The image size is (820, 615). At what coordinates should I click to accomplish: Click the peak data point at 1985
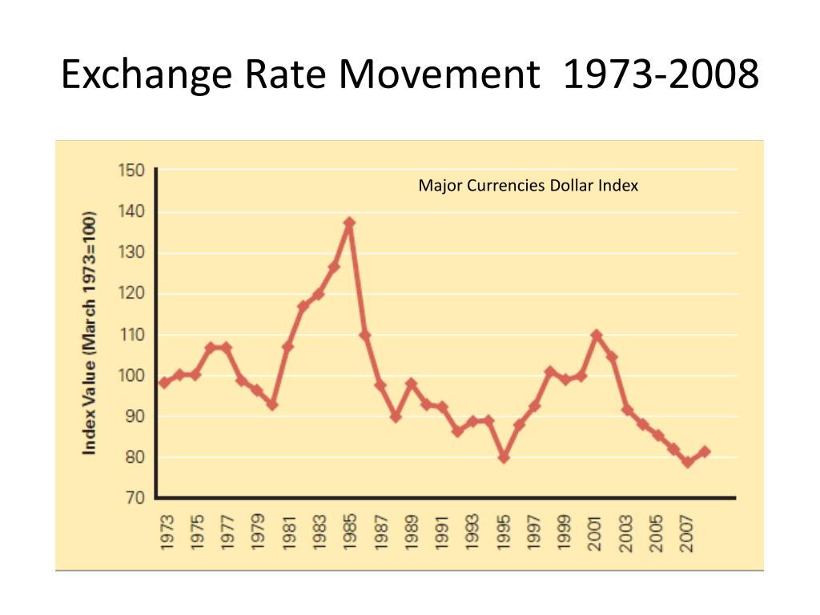(x=349, y=223)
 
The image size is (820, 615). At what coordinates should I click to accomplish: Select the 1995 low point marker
(x=504, y=457)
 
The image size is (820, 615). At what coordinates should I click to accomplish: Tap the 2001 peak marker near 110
(x=596, y=335)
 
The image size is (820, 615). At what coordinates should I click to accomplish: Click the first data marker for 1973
(x=164, y=383)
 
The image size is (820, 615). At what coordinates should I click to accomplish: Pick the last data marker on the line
(x=704, y=452)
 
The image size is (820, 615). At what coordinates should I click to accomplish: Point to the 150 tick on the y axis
(x=131, y=171)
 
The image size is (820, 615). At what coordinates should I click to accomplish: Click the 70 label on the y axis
(x=135, y=497)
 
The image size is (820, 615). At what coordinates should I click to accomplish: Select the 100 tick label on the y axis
(x=131, y=376)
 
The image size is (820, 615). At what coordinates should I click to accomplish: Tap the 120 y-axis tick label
(x=131, y=293)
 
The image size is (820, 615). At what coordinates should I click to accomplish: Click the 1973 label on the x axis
(x=167, y=533)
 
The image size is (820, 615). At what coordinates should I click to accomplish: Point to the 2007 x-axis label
(x=686, y=533)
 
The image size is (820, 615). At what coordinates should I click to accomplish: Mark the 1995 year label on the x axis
(x=503, y=533)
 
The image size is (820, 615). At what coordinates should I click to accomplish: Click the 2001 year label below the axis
(x=595, y=533)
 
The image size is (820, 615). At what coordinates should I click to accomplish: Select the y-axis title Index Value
(x=89, y=332)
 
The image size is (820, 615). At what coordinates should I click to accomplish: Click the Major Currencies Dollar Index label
(x=529, y=186)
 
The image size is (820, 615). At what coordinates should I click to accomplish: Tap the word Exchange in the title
(x=147, y=75)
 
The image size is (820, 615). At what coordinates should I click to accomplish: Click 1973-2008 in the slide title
(x=661, y=74)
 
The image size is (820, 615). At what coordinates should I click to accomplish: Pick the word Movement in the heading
(x=440, y=74)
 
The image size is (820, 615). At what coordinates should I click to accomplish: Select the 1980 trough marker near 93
(x=272, y=404)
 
